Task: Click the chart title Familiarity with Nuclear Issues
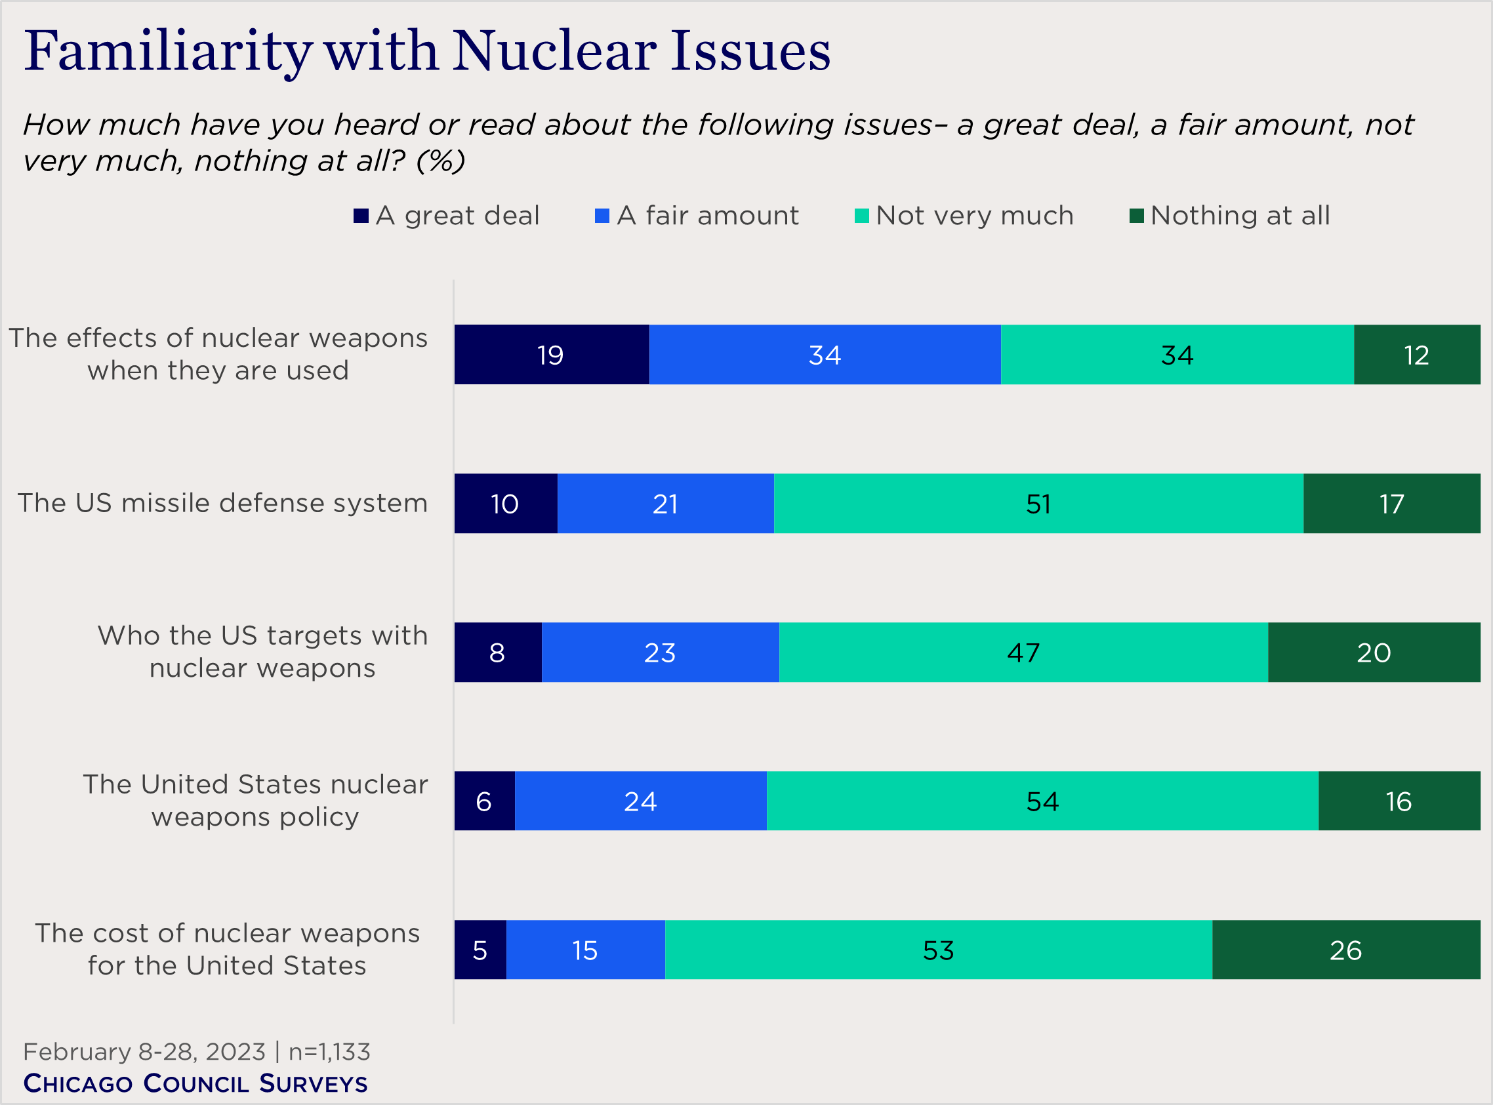click(427, 52)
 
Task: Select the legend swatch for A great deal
click(361, 216)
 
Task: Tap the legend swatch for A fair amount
click(602, 216)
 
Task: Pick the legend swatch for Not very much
click(861, 216)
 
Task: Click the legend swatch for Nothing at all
click(1136, 216)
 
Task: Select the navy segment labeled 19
click(551, 355)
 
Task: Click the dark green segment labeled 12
click(1416, 355)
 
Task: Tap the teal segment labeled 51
click(1038, 504)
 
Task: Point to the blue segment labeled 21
click(665, 504)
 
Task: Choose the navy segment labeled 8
click(497, 652)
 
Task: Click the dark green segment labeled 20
click(1373, 652)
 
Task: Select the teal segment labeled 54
click(1042, 801)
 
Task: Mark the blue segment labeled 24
click(640, 801)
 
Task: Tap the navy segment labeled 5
click(480, 950)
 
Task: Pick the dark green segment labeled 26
click(1345, 950)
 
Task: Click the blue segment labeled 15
click(584, 950)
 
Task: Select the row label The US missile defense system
click(222, 503)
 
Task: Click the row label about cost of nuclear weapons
click(228, 949)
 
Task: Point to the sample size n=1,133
click(329, 1052)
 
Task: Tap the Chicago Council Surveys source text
click(195, 1083)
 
